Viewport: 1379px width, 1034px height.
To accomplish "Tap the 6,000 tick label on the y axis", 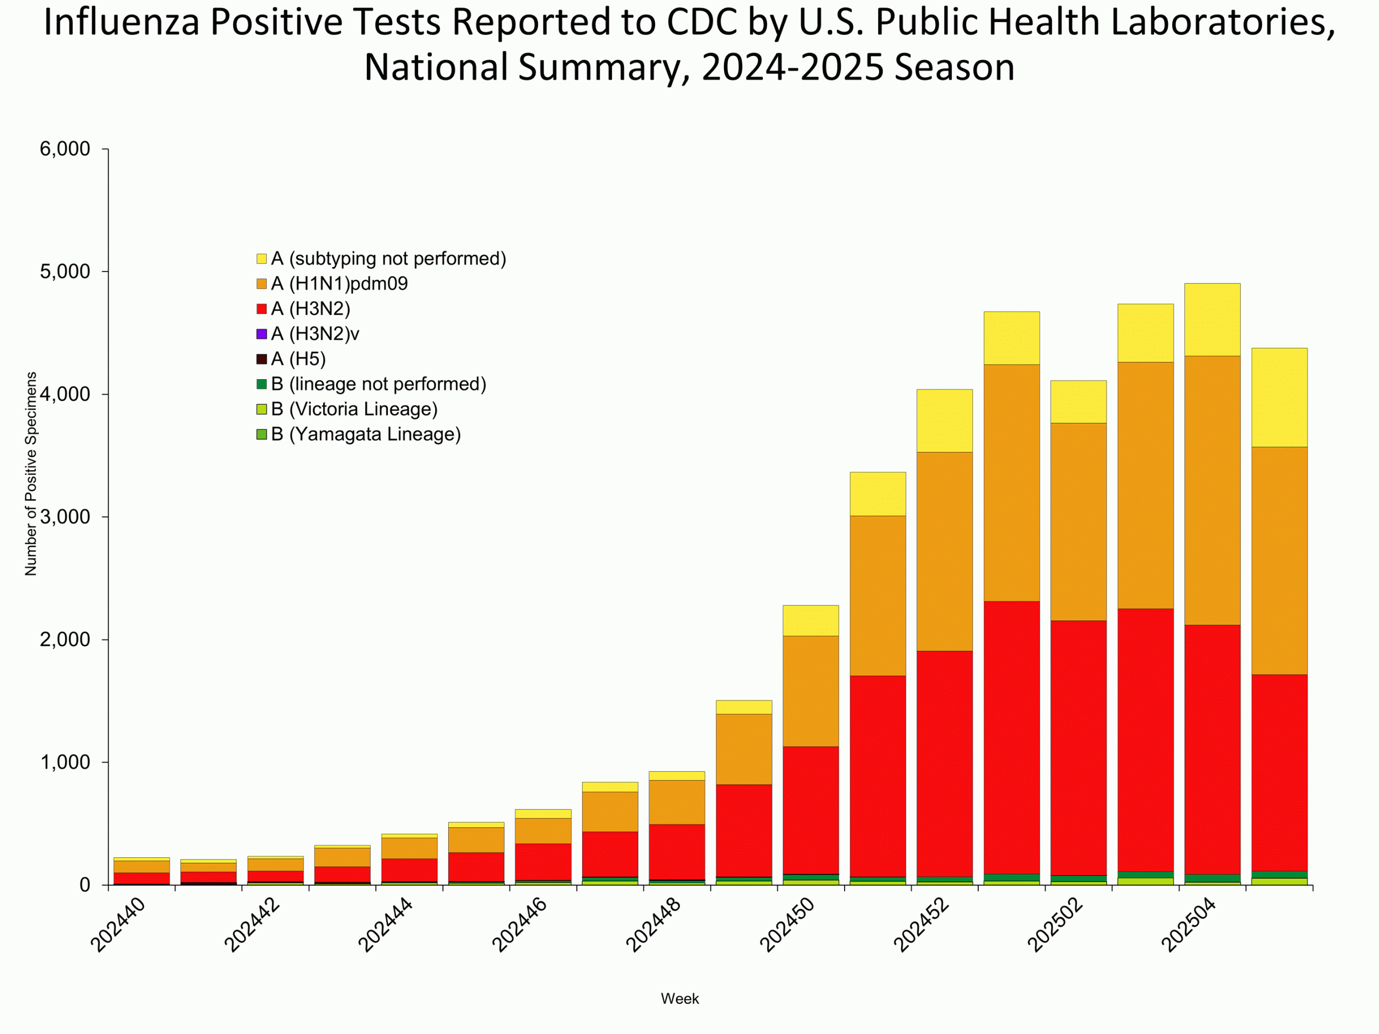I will click(65, 150).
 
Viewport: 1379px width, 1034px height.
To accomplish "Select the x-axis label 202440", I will click(119, 925).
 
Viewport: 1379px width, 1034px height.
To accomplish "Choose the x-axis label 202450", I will click(788, 925).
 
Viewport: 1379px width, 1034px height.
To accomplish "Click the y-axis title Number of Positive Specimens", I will click(31, 474).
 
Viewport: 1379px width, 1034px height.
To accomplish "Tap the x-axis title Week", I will click(679, 998).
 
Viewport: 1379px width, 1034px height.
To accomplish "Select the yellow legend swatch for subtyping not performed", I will click(262, 258).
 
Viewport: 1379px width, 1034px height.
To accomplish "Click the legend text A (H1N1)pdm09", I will click(339, 284).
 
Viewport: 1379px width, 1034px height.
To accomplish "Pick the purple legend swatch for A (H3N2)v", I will click(262, 334).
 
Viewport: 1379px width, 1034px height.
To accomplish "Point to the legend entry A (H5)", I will click(298, 359).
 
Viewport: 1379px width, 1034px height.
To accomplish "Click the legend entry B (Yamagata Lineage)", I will click(365, 435).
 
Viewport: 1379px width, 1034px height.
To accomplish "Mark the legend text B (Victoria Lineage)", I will click(354, 409).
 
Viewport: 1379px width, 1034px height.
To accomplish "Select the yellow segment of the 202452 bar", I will click(944, 421).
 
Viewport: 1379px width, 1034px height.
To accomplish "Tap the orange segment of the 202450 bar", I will click(811, 691).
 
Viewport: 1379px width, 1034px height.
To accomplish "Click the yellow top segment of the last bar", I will click(1279, 397).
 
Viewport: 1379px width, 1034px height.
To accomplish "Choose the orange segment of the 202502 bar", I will click(1078, 522).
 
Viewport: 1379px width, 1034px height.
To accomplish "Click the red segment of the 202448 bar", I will click(677, 851).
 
